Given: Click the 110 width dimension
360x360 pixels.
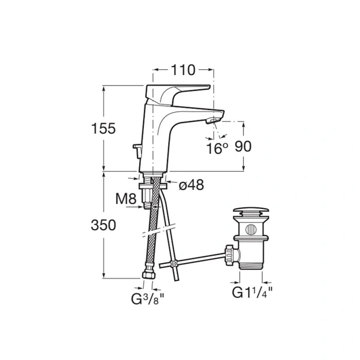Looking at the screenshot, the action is [x=183, y=70].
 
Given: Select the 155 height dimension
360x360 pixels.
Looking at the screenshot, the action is [x=103, y=128].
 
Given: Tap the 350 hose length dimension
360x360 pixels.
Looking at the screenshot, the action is [x=103, y=225].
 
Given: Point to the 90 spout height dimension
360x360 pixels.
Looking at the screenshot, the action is [x=243, y=146].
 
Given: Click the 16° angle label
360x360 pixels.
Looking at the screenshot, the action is [x=217, y=148].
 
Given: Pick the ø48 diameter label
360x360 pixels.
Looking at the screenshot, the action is [x=191, y=185].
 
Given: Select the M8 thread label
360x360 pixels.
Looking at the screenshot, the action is [x=126, y=198].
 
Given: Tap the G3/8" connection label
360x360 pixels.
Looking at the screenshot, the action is [x=148, y=299].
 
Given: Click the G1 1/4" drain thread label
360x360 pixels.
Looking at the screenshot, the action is [x=252, y=292].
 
